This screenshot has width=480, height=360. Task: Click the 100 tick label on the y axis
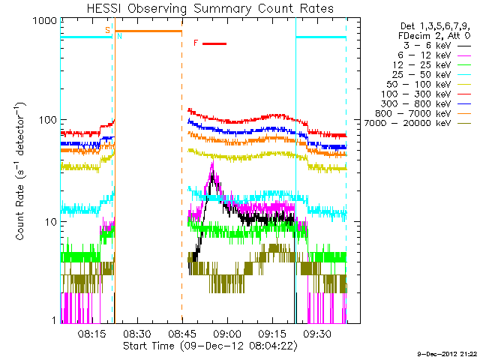pyautogui.click(x=48, y=120)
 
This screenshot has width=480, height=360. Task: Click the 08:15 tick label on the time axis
pyautogui.click(x=91, y=334)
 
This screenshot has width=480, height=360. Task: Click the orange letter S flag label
pyautogui.click(x=108, y=30)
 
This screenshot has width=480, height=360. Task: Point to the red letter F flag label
pyautogui.click(x=196, y=43)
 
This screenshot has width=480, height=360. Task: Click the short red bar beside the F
pyautogui.click(x=214, y=43)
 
